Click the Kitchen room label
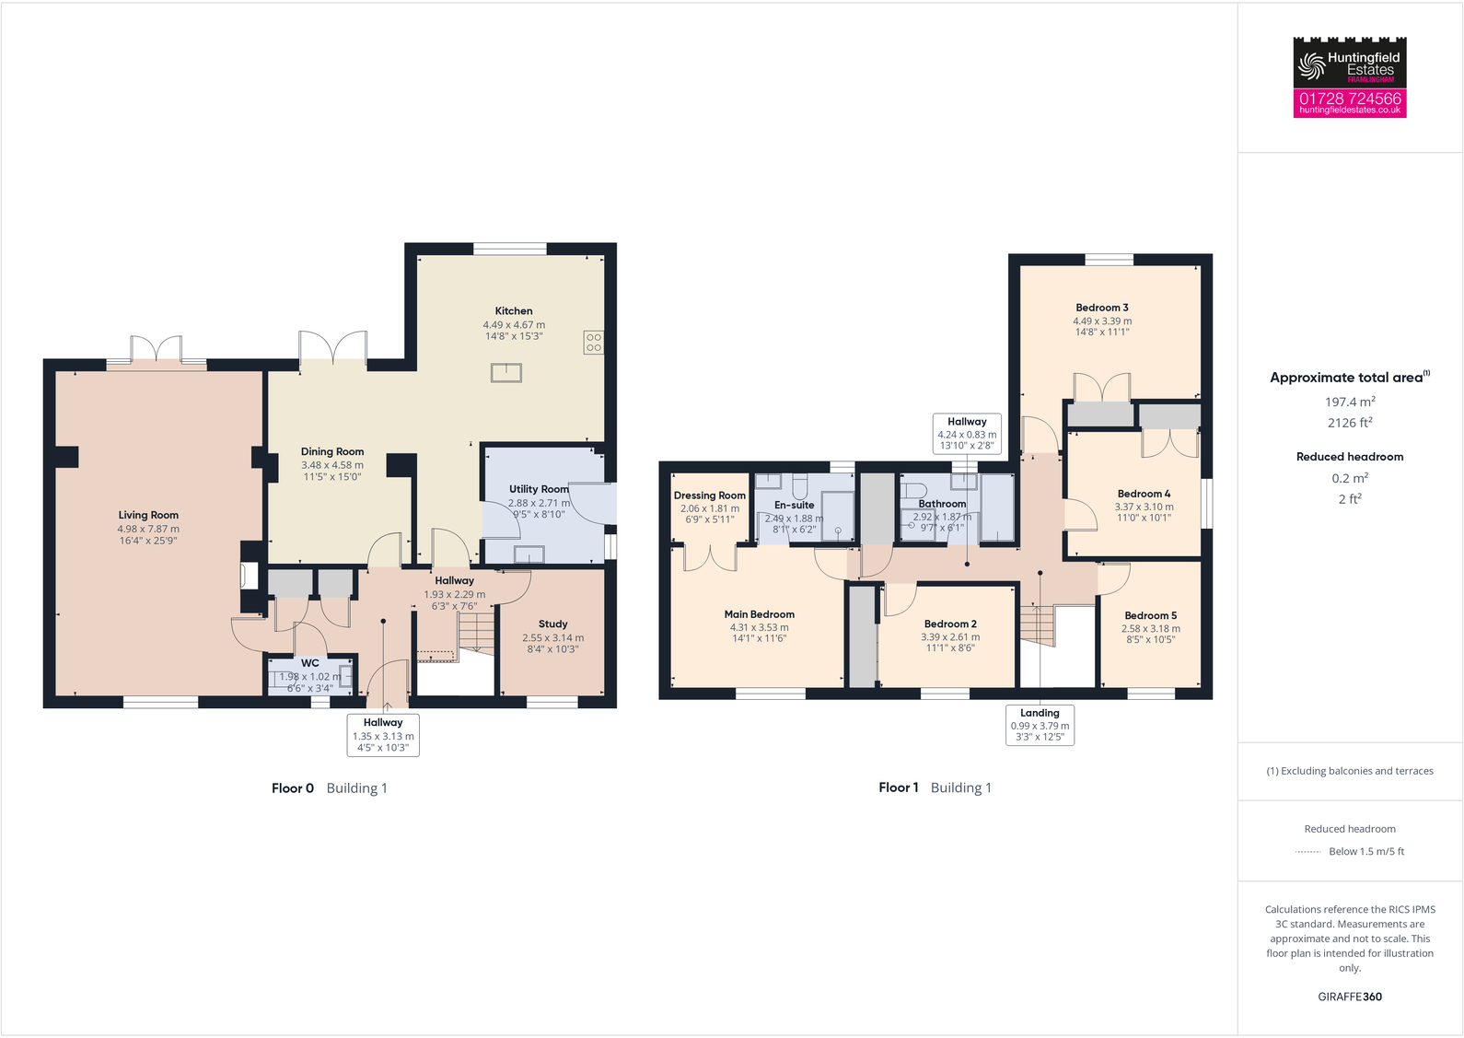click(514, 311)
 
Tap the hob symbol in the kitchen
click(594, 343)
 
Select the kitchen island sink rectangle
click(506, 373)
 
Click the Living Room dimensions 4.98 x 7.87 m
click(148, 530)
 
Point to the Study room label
click(552, 624)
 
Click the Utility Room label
click(539, 489)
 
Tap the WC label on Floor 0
click(310, 663)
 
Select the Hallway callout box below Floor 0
click(383, 735)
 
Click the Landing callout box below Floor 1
click(1040, 725)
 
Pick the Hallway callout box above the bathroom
click(967, 433)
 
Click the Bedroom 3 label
click(1102, 308)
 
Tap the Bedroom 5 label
click(1150, 615)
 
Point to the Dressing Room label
click(709, 496)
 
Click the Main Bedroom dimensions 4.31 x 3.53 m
click(760, 627)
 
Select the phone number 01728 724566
click(1350, 98)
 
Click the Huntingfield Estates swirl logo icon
click(1310, 65)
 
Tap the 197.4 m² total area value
click(1350, 402)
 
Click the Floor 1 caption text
click(898, 787)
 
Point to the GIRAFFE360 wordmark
click(1350, 997)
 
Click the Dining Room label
click(332, 452)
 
